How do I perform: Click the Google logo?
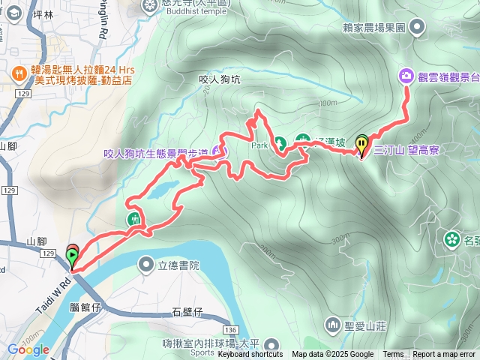point(28,349)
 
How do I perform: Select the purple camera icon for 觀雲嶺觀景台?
point(406,75)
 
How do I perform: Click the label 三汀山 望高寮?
point(406,150)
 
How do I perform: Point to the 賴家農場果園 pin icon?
point(418,26)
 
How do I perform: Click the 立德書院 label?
point(178,265)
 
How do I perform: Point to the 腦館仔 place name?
point(85,307)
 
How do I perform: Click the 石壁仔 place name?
point(187,311)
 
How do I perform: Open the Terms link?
point(393,354)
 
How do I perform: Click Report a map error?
point(445,354)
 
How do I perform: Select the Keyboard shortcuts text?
point(250,354)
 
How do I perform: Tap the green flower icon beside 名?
point(452,239)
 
